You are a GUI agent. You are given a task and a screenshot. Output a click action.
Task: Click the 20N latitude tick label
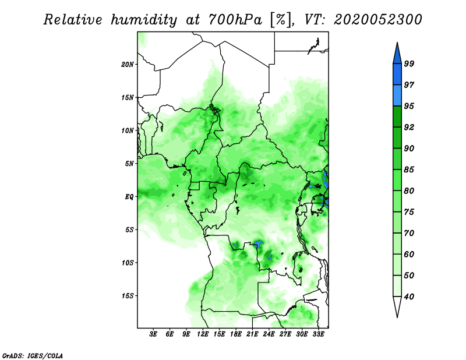click(128, 64)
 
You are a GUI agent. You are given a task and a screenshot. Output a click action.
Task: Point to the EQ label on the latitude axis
click(129, 196)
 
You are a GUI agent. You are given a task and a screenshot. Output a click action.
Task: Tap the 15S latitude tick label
click(128, 296)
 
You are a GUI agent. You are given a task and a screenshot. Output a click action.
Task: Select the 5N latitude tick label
click(129, 164)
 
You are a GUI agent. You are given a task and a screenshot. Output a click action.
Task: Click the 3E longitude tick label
click(153, 334)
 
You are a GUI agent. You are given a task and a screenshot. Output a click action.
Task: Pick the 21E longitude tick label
click(252, 334)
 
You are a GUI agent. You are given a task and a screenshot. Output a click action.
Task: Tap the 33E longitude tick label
click(318, 334)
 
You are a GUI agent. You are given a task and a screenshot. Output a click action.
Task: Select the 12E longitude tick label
click(202, 334)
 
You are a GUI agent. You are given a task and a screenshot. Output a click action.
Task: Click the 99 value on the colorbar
click(409, 63)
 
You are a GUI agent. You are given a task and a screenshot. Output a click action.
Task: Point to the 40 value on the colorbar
click(409, 297)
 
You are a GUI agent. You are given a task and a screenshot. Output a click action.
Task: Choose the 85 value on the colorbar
click(409, 170)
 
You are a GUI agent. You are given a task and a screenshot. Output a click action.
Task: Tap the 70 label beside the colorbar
click(409, 233)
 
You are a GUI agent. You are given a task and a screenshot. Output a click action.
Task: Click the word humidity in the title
click(144, 20)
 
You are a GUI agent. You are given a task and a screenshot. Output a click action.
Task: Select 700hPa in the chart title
click(235, 20)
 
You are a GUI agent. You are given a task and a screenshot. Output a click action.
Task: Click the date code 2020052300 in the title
click(377, 20)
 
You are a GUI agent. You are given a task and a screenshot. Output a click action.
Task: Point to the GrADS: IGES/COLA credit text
click(33, 355)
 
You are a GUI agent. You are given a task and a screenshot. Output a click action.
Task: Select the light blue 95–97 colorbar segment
click(397, 96)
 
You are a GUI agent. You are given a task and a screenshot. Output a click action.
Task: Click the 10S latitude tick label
click(128, 263)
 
